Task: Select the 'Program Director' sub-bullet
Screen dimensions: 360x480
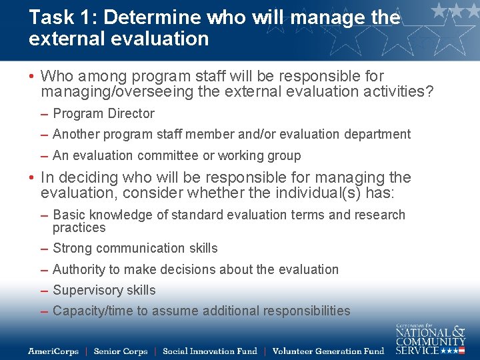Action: [103, 114]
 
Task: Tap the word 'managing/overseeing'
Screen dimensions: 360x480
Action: [107, 91]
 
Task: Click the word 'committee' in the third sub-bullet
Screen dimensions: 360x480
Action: [166, 156]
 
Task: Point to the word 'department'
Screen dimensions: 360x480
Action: [377, 135]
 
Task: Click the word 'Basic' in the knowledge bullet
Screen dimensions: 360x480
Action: [68, 215]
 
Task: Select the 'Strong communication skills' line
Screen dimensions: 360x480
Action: [135, 248]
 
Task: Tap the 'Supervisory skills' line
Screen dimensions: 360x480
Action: [103, 291]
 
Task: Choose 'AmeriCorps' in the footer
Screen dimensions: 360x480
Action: [53, 351]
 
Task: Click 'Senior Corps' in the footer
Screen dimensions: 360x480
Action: [121, 351]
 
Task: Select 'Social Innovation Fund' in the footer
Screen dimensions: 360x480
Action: [209, 351]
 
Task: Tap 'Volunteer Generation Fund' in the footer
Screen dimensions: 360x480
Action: [328, 351]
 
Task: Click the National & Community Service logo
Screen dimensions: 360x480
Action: [430, 339]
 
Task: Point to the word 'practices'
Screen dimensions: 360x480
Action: [79, 228]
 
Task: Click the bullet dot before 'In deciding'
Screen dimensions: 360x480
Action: [31, 178]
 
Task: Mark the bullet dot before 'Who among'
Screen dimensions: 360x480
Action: [31, 77]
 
